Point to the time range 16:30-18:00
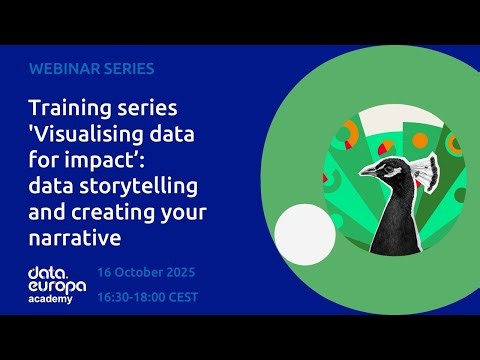click(134, 296)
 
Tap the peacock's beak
click(366, 171)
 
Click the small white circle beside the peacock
click(304, 231)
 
